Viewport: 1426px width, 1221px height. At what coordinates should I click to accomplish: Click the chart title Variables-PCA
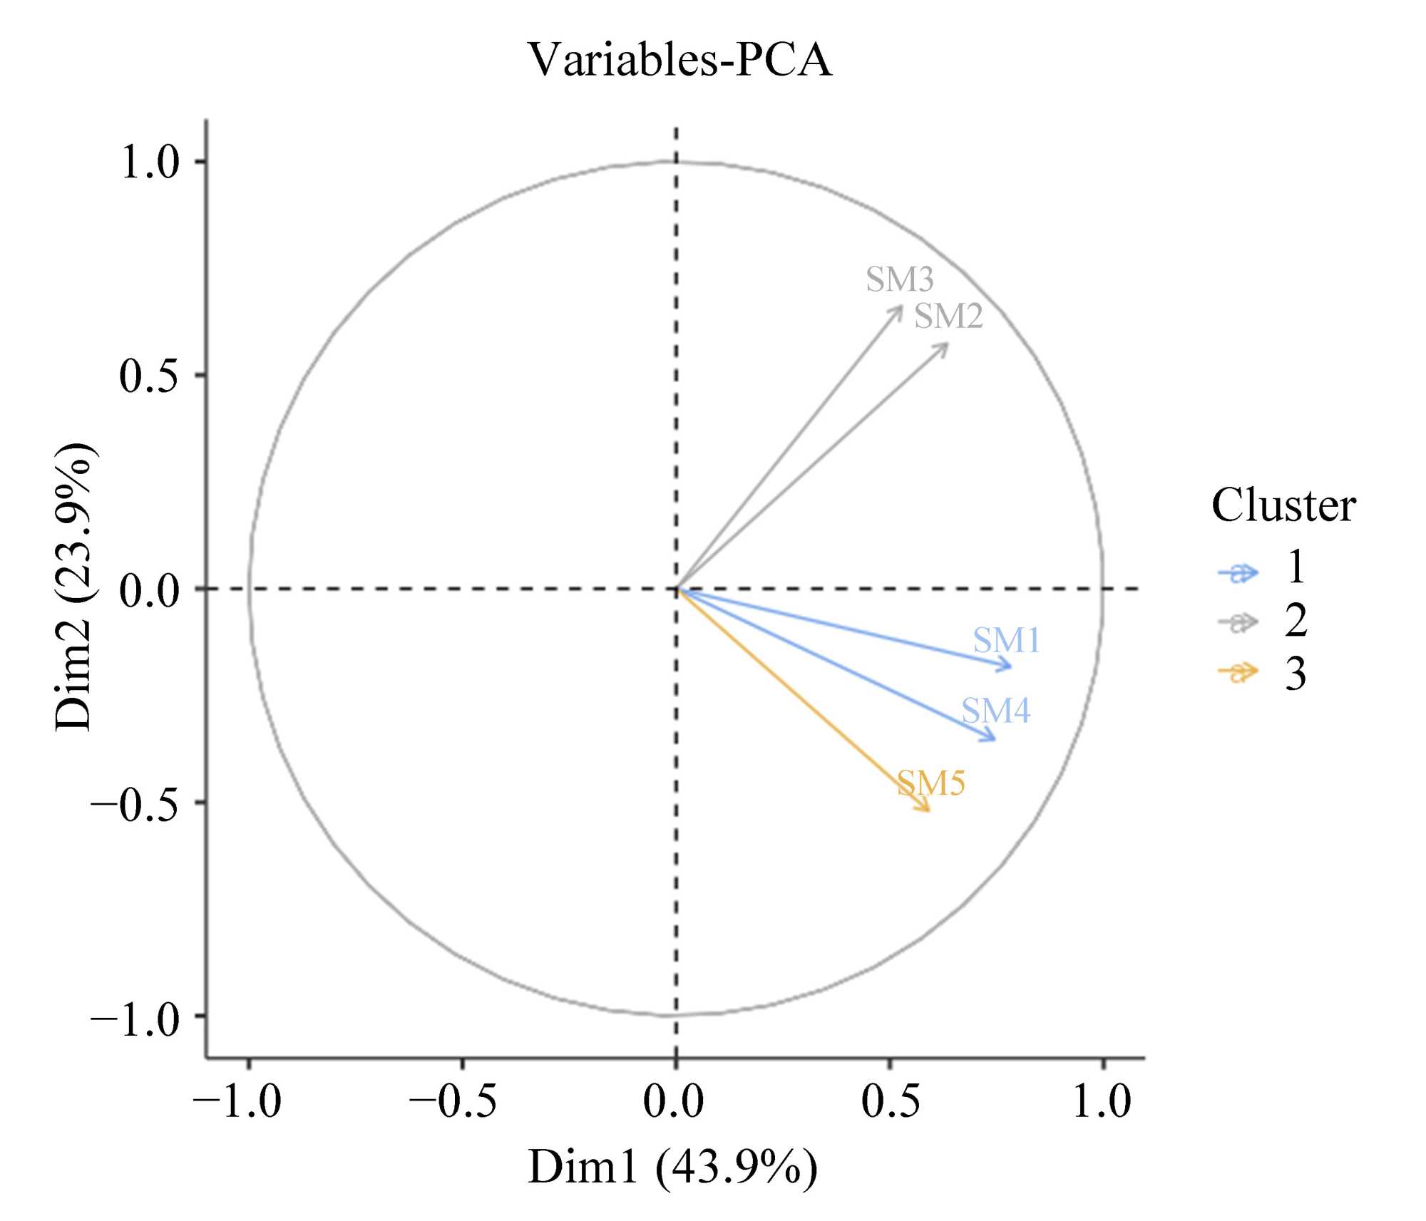click(679, 59)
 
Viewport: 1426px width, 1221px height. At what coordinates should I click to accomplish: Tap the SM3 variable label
click(899, 279)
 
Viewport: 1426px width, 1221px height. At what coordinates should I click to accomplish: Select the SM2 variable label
click(948, 316)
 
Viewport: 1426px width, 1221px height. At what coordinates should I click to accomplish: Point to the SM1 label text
click(1006, 640)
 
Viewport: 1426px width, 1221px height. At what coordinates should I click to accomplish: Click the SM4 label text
click(995, 711)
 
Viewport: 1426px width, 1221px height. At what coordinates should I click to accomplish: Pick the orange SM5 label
click(930, 783)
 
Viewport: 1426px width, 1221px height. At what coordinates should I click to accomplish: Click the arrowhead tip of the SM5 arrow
click(928, 810)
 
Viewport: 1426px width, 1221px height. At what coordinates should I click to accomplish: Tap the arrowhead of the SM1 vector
click(1010, 667)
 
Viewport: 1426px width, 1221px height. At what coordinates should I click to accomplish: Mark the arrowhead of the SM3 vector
click(901, 308)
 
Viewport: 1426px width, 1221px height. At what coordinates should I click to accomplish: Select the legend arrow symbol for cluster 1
click(1238, 573)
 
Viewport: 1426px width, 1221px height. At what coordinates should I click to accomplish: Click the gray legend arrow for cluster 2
click(1238, 623)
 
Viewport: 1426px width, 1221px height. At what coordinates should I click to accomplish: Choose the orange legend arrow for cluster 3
click(1238, 672)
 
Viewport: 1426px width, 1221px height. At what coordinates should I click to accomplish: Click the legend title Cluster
click(1283, 506)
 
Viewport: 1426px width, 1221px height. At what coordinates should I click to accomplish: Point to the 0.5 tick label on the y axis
click(148, 376)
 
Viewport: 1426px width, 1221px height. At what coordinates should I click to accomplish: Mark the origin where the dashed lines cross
click(676, 589)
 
